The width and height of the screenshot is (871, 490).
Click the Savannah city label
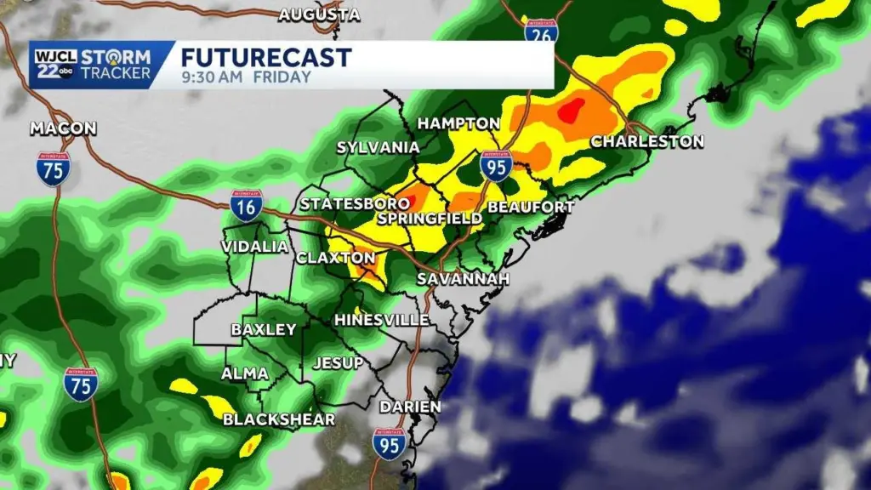click(463, 279)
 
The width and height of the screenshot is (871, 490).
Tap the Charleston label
click(647, 141)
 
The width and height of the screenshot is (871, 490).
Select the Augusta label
click(319, 14)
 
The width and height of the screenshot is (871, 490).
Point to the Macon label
click(63, 128)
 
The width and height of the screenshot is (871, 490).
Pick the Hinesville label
click(381, 320)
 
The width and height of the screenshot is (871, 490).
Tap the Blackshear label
click(278, 419)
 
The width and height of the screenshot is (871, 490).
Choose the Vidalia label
click(254, 246)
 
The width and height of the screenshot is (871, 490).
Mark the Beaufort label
click(531, 207)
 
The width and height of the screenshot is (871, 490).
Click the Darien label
click(410, 407)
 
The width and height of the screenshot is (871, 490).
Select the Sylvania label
click(378, 147)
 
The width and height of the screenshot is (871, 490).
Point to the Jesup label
click(339, 363)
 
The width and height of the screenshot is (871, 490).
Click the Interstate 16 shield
click(247, 205)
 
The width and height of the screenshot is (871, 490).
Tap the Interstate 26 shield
click(541, 32)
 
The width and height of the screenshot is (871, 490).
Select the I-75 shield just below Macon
click(53, 168)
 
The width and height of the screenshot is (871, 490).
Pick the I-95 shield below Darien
click(390, 443)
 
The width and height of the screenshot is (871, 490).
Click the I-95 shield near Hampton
click(495, 166)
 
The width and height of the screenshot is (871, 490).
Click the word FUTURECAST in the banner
click(266, 58)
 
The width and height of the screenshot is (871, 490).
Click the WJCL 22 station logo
click(55, 65)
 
